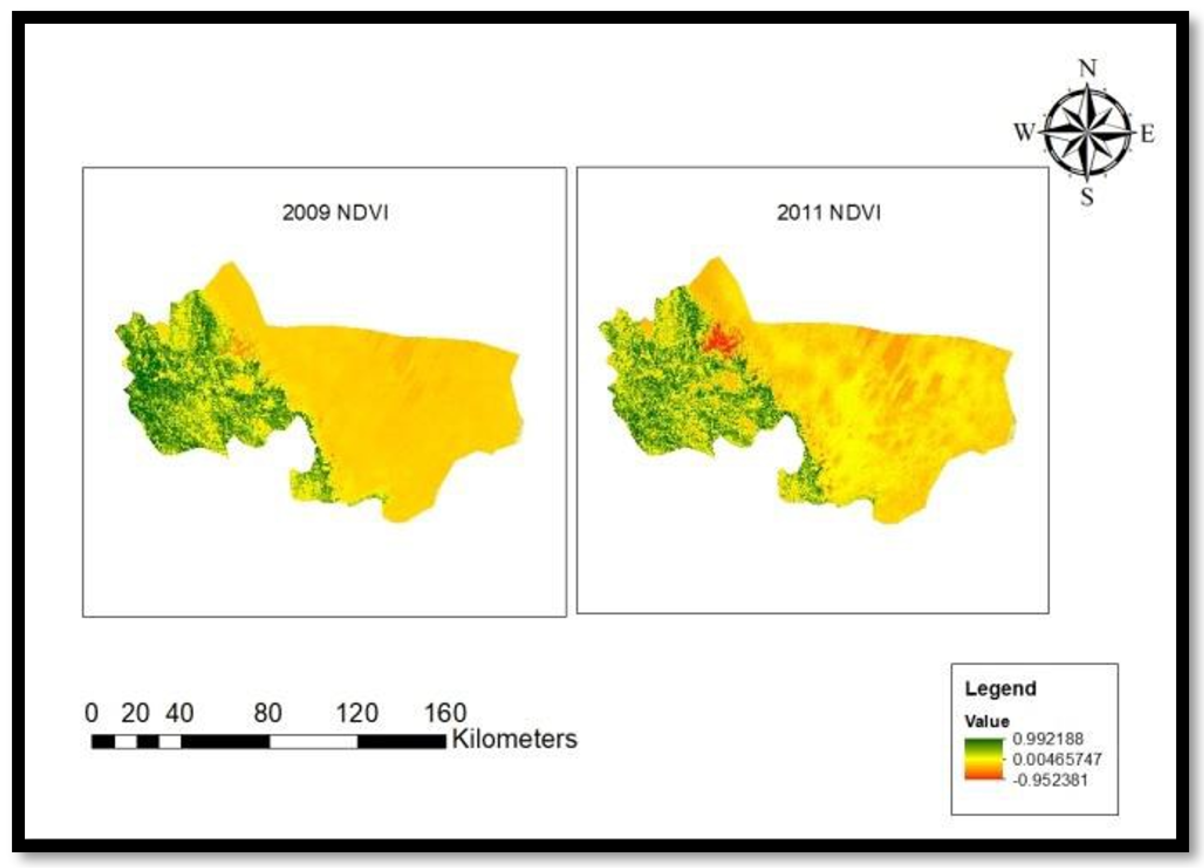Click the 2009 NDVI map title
[335, 213]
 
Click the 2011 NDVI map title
[829, 213]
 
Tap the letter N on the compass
[1088, 68]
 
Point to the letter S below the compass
[1087, 198]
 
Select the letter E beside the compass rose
[1148, 135]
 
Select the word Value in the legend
[987, 721]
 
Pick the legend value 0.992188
[1048, 738]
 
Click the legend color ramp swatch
[984, 759]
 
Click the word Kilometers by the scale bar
[514, 739]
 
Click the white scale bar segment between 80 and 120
[313, 742]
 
